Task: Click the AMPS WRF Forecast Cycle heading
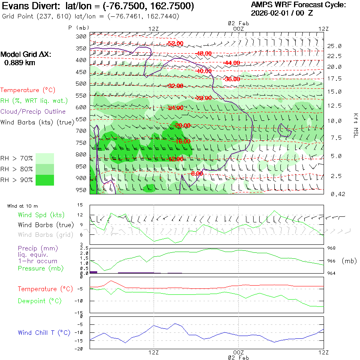298,5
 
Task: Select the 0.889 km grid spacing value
20,62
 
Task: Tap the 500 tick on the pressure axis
81,84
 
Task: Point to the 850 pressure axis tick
81,166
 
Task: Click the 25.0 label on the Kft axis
334,46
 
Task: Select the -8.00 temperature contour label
197,174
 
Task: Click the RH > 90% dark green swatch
45,180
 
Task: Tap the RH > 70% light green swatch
45,158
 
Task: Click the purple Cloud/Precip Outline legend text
33,111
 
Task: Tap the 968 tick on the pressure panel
332,248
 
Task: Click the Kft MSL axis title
355,125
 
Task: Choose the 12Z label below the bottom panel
154,352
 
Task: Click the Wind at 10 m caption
22,206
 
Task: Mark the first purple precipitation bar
94,272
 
